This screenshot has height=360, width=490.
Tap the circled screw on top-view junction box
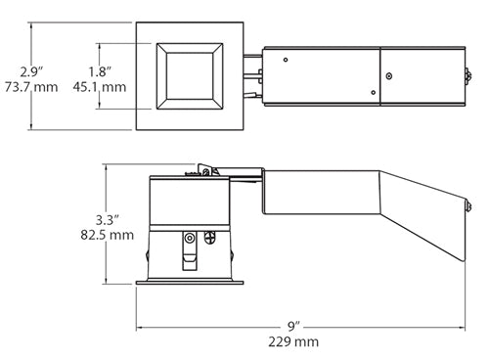click(x=387, y=75)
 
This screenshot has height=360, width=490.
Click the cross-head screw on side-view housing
click(x=208, y=236)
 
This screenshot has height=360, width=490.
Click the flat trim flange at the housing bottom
click(x=191, y=284)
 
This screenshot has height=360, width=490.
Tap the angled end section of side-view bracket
click(x=431, y=220)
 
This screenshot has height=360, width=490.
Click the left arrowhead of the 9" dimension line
click(x=139, y=327)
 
